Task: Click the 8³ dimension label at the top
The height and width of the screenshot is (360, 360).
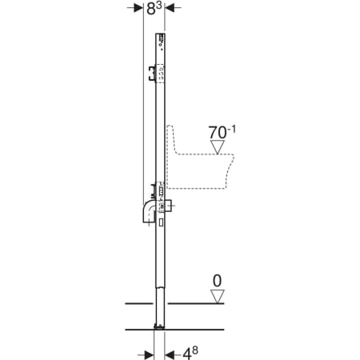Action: click(x=154, y=9)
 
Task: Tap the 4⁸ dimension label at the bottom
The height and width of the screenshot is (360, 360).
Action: click(x=190, y=354)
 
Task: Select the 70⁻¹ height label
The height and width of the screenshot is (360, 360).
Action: click(x=222, y=132)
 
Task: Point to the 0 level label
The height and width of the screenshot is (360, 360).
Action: click(x=218, y=281)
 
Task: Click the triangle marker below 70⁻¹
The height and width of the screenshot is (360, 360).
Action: click(x=218, y=147)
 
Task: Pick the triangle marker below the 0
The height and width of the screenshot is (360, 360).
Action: click(x=218, y=297)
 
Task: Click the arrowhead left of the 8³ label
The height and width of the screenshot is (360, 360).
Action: click(x=138, y=8)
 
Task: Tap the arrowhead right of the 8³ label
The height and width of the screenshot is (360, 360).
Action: click(x=170, y=8)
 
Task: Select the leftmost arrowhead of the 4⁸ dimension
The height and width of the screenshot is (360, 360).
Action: click(x=149, y=354)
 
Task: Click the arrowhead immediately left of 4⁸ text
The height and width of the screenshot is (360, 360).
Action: click(x=170, y=354)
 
